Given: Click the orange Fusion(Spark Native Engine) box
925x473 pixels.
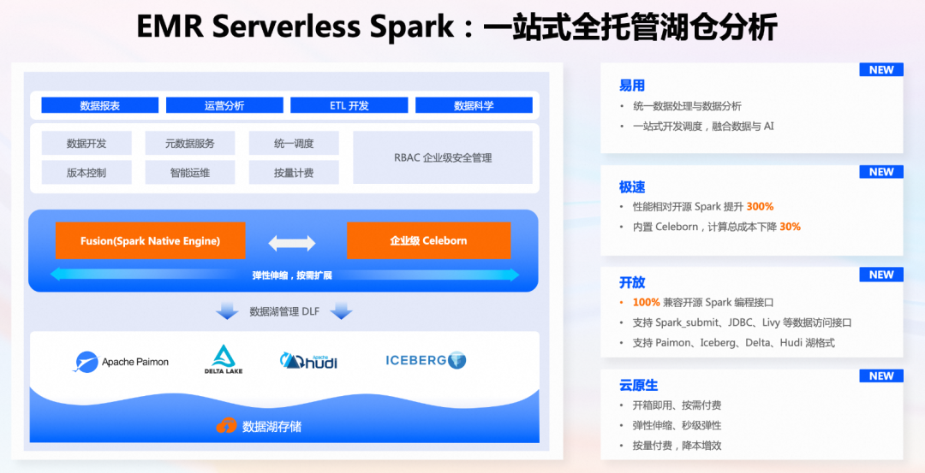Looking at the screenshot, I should (151, 241).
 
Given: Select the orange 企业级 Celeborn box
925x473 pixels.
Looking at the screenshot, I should (428, 241).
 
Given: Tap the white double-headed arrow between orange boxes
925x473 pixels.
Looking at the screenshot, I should (292, 243).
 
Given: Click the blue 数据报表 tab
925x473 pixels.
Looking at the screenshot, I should (100, 105).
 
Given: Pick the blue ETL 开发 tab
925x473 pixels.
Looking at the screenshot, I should (349, 105).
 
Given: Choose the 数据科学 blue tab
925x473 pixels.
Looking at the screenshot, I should (474, 105).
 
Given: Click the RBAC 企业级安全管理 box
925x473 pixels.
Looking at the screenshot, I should (443, 157).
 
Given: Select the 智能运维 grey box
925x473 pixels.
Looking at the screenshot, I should (189, 173).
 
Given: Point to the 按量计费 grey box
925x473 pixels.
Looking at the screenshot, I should (294, 173).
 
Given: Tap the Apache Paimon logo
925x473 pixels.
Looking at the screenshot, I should (122, 362).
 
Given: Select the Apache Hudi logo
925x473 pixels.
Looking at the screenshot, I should (308, 361).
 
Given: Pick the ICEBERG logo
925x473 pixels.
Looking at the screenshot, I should (426, 360).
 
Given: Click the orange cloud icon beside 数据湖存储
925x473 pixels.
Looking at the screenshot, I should (226, 425).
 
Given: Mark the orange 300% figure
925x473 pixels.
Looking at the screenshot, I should (760, 206).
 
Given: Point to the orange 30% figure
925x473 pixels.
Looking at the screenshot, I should (790, 227).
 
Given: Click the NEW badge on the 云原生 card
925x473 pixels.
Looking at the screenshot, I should (881, 376).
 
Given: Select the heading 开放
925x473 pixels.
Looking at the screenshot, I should (632, 282).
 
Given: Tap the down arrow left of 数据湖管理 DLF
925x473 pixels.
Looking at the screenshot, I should (227, 311).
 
